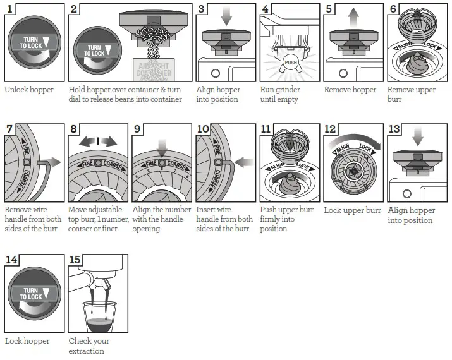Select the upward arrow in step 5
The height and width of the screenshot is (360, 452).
click(x=353, y=15)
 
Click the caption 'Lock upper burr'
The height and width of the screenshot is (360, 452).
click(x=352, y=210)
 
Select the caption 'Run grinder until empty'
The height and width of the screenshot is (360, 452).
click(x=281, y=94)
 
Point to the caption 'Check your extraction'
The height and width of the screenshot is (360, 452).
click(x=89, y=345)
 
